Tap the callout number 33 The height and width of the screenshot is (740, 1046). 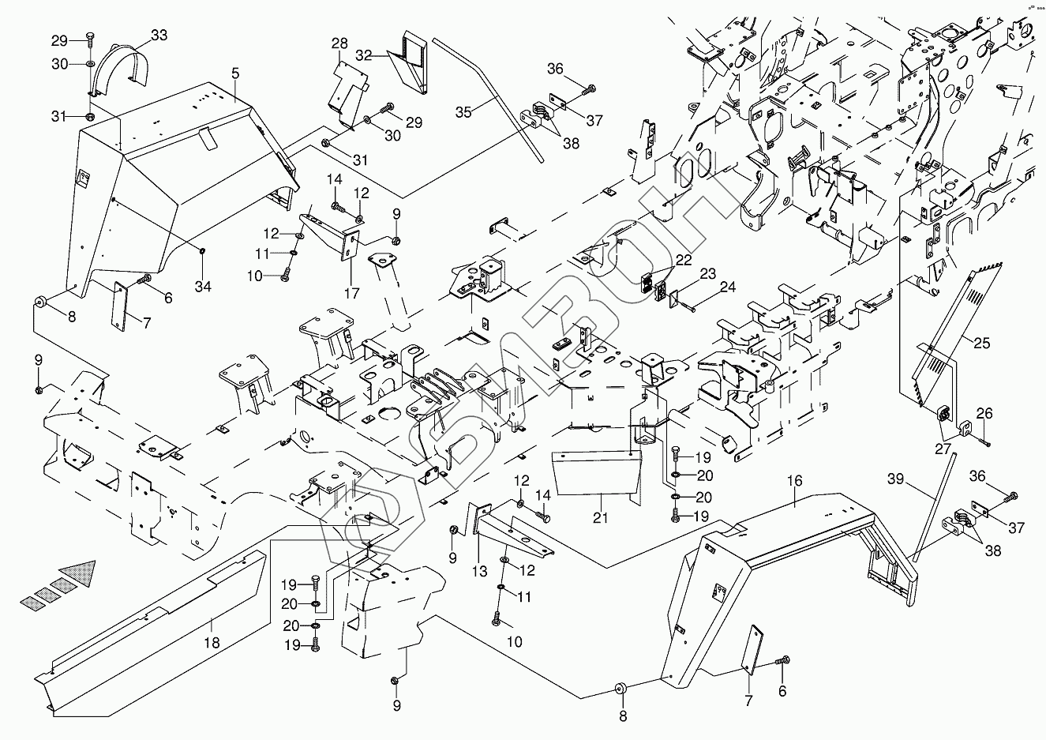159,35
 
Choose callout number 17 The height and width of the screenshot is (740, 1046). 351,294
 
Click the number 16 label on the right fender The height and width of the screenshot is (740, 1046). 794,479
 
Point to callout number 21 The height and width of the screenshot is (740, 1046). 601,518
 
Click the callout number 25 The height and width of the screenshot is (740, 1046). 982,344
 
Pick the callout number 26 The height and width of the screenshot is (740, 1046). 984,412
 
